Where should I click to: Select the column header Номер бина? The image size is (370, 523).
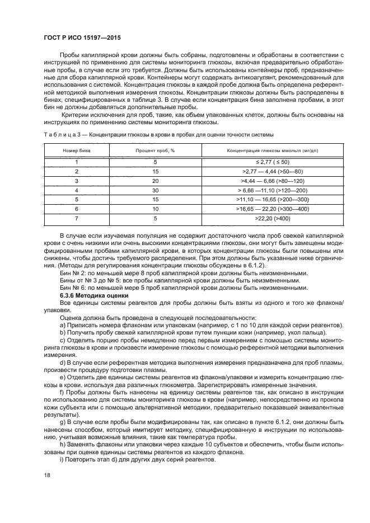pos(76,151)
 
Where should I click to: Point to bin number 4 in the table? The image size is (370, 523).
pos(76,190)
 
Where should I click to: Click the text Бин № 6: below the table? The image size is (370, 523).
pos(73,288)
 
